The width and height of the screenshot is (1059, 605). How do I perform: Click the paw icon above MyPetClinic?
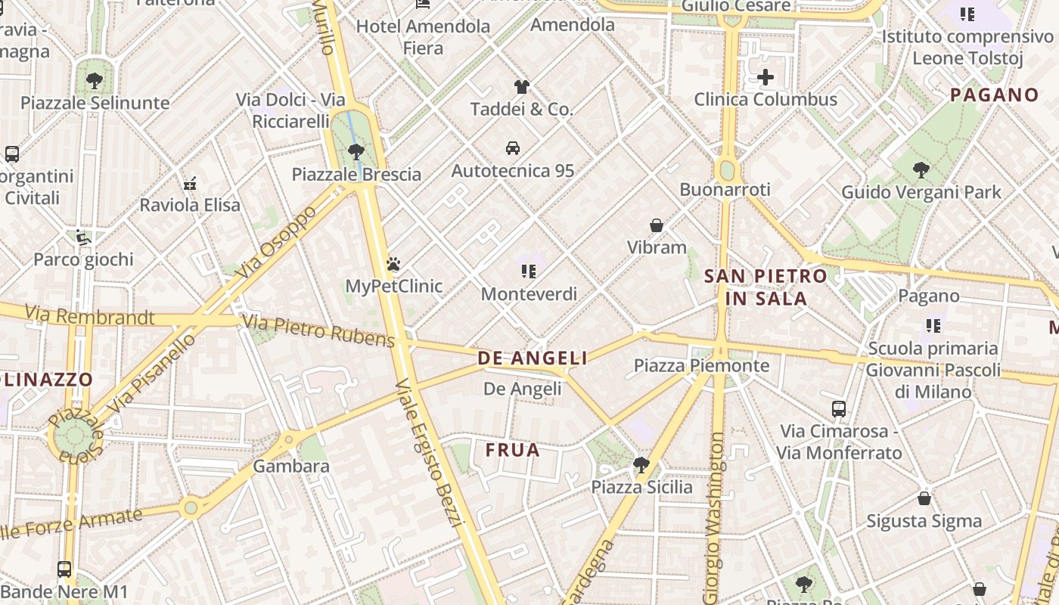393,264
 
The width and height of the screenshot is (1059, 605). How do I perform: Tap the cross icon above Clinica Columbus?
766,77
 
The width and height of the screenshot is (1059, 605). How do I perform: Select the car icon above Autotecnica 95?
513,147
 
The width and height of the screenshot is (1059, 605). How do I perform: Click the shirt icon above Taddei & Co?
521,86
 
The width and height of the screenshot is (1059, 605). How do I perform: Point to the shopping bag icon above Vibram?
657,225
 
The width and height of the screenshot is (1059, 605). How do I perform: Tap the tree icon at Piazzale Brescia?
356,152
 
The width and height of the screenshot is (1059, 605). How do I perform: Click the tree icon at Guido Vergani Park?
921,169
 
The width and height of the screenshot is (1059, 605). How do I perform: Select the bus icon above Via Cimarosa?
839,409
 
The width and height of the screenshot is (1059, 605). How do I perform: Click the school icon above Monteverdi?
528,271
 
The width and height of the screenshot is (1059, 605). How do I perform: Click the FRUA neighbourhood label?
513,451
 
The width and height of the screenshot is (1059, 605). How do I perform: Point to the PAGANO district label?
994,95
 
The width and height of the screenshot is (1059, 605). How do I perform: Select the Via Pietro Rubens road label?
318,332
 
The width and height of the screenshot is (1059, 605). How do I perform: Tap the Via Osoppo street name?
276,240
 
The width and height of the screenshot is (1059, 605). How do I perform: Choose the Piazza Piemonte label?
701,366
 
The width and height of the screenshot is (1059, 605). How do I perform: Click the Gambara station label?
291,466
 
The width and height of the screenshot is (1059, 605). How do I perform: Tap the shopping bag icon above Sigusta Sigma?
924,498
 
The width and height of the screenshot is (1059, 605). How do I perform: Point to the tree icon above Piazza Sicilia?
641,464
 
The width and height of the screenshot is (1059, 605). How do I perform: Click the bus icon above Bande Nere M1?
64,569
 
